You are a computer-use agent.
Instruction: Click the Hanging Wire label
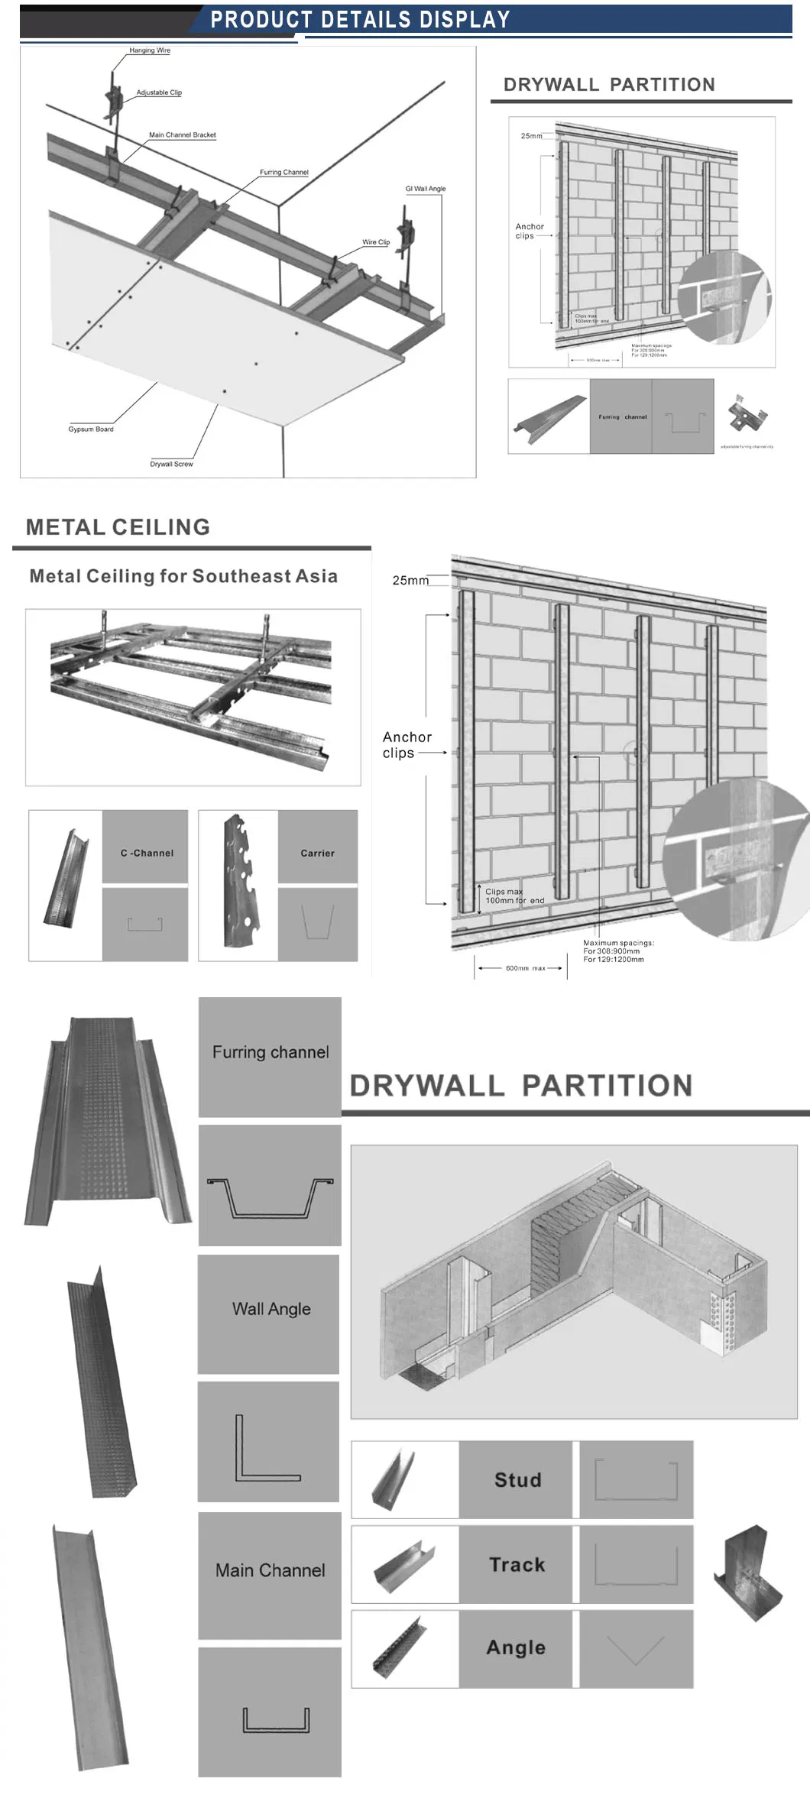click(150, 50)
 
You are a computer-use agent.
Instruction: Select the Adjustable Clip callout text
click(159, 92)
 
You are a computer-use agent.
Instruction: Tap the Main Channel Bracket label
click(182, 134)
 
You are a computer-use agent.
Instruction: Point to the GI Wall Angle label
click(425, 188)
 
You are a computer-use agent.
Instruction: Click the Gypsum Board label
click(91, 429)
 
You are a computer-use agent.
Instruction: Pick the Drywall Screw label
click(171, 464)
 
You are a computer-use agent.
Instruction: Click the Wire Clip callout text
click(375, 241)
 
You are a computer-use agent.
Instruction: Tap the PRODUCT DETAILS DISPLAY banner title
click(360, 20)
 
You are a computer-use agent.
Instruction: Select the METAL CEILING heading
click(118, 526)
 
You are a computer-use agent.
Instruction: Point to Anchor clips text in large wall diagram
click(407, 745)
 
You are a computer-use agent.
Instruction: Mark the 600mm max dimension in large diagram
click(525, 968)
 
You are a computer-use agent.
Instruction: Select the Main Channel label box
click(270, 1570)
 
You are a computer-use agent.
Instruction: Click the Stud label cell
click(517, 1480)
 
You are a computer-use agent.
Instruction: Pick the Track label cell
click(517, 1565)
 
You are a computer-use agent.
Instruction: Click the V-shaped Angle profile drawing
click(636, 1650)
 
